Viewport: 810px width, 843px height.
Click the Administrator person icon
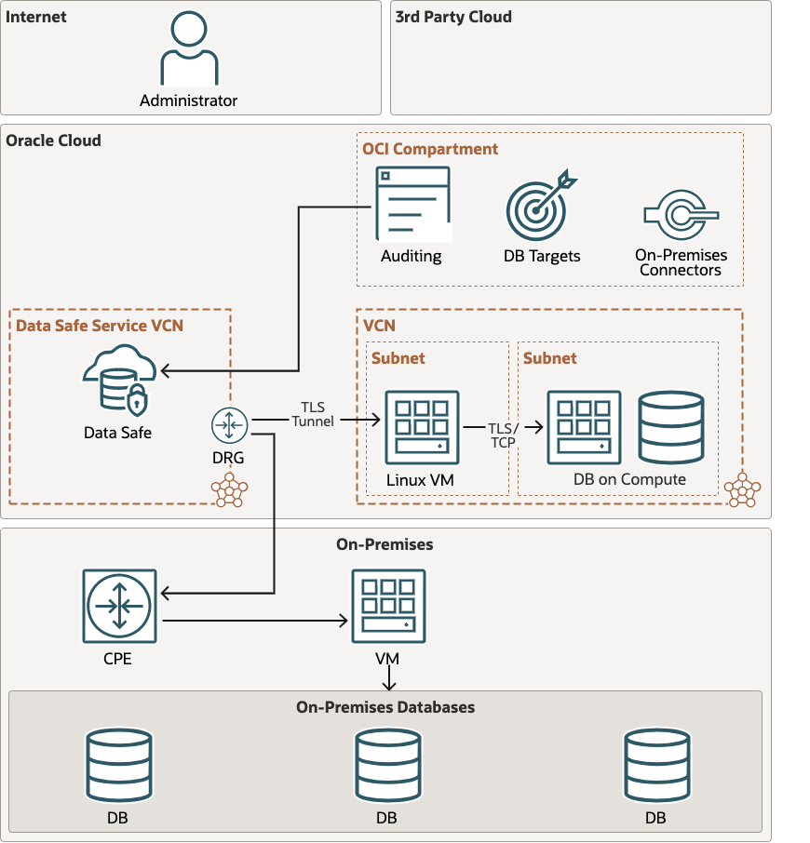pos(189,50)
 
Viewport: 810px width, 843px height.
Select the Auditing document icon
pos(412,204)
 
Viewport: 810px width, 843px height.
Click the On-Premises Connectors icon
pos(681,214)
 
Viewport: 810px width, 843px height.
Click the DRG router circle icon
pos(227,425)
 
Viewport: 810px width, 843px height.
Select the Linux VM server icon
pos(422,427)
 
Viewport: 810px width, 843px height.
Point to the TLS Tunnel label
pos(312,414)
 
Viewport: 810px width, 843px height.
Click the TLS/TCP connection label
pos(503,435)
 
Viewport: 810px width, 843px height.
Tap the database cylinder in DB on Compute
pos(671,427)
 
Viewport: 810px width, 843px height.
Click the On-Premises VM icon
pos(387,606)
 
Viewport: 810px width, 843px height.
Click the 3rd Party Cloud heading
pos(452,17)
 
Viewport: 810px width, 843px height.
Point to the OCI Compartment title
pos(430,149)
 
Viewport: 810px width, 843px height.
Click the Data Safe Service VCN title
pos(100,325)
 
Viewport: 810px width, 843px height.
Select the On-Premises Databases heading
pos(385,707)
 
